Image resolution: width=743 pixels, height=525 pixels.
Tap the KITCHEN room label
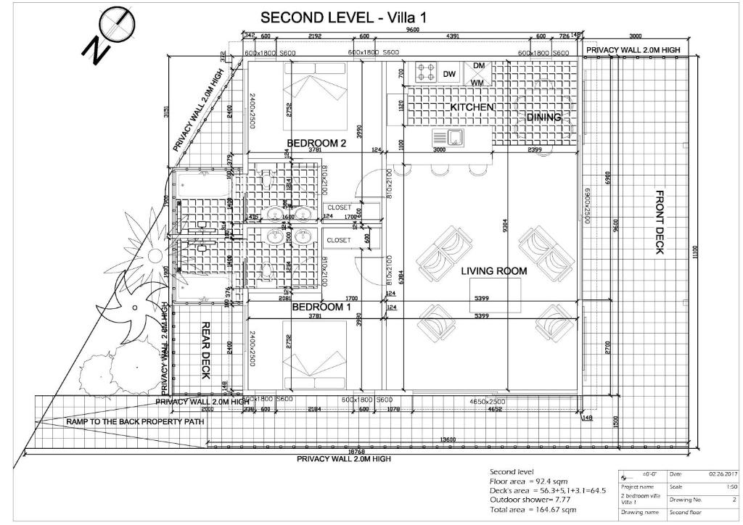coord(472,107)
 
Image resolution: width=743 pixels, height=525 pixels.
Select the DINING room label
coord(543,117)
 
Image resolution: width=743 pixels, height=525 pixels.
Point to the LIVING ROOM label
coord(494,271)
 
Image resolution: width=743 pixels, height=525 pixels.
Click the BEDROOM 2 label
coord(316,143)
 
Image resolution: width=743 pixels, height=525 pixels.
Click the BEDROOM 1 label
coord(321,307)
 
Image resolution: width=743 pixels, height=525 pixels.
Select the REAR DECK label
coord(205,351)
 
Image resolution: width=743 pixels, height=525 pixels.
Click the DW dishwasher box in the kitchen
coord(449,74)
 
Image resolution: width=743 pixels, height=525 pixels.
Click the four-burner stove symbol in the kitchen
coord(426,72)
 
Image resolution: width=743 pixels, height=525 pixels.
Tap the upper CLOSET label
coord(339,207)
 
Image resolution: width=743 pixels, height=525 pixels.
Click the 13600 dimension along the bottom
coord(450,440)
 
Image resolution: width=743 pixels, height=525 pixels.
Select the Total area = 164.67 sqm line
coord(533,510)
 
